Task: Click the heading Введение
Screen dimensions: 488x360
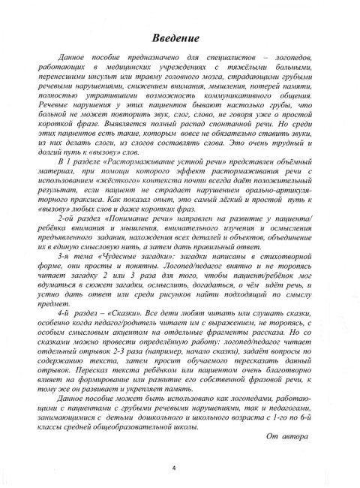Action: (x=179, y=38)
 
